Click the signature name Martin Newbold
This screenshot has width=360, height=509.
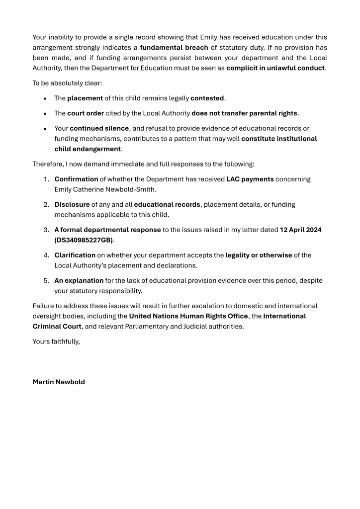pyautogui.click(x=59, y=382)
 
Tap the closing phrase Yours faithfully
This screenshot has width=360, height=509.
pyautogui.click(x=56, y=341)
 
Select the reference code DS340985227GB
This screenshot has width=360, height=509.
pyautogui.click(x=84, y=239)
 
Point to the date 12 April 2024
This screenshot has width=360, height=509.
pyautogui.click(x=301, y=230)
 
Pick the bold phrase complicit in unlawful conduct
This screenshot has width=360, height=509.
pyautogui.click(x=275, y=68)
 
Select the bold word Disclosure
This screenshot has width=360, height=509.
pyautogui.click(x=72, y=204)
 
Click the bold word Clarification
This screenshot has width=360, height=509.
pyautogui.click(x=75, y=255)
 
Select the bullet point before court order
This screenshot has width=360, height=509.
pyautogui.click(x=45, y=113)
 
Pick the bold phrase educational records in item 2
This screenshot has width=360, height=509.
pyautogui.click(x=167, y=204)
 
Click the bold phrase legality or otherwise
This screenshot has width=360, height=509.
pyautogui.click(x=259, y=255)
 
